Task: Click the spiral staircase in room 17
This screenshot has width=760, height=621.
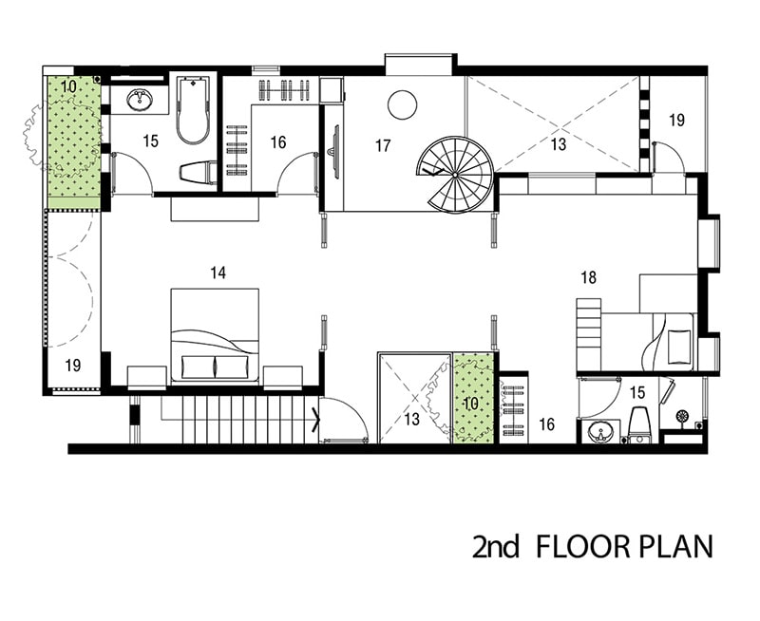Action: coord(456,175)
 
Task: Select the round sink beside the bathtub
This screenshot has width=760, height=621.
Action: coord(140,100)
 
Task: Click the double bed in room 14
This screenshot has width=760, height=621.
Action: coord(215,335)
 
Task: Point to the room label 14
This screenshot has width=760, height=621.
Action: coord(218,273)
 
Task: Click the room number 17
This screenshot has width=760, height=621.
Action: coord(383,145)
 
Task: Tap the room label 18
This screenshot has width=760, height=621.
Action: coord(588,277)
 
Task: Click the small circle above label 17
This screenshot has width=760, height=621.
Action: coord(402,105)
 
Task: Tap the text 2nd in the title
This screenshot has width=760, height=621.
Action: coord(495,546)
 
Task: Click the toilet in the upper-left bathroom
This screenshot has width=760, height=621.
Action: coord(199,173)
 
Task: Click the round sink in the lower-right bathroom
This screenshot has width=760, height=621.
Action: coord(600,432)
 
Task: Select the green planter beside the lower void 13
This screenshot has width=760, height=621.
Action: coord(473,398)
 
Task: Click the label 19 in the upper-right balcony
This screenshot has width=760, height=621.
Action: coord(676,120)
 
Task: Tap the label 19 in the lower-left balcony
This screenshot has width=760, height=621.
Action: coord(73,366)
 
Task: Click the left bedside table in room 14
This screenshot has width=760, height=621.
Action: coord(147,377)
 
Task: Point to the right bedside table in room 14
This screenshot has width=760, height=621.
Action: coord(283,377)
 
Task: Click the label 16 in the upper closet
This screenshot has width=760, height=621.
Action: coord(278,142)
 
